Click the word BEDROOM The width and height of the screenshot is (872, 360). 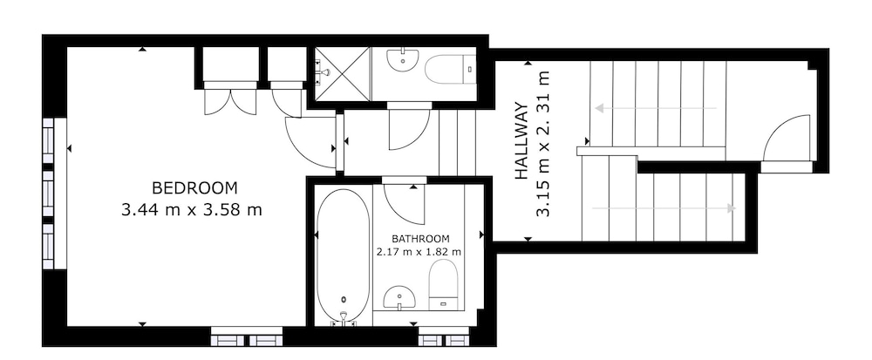pos(194,188)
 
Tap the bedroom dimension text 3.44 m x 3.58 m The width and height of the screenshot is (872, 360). pos(191,210)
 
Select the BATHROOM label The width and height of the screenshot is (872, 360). pos(420,239)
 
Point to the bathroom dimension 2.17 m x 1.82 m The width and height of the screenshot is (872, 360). pos(419,252)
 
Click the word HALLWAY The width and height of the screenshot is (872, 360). pos(521,140)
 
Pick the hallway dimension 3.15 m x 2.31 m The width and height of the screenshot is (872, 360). pos(542,143)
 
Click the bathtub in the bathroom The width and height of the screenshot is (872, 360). pos(343,255)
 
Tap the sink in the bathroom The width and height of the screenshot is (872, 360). pos(399,297)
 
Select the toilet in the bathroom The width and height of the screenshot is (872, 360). pos(443,284)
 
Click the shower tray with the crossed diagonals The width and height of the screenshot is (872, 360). pos(343,74)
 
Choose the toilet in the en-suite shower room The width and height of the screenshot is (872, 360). pos(450,69)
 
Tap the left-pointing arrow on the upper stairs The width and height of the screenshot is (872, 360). pos(656,108)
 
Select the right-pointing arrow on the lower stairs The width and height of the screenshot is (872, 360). pos(664,208)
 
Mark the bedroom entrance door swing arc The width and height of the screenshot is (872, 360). pos(306,146)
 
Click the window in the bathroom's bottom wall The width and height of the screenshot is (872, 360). pos(443,336)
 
